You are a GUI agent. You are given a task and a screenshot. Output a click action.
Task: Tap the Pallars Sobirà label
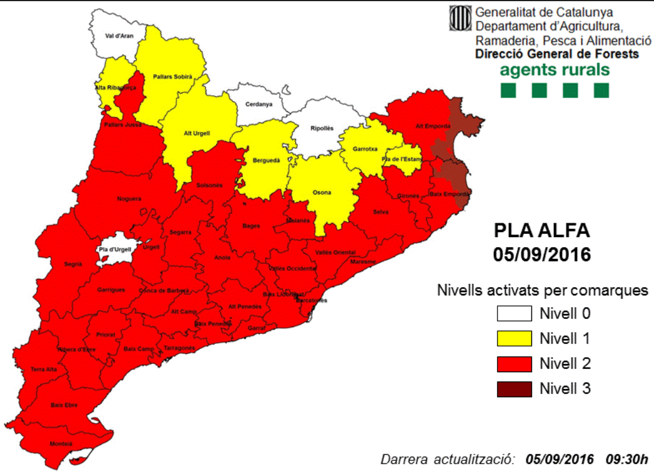pyautogui.click(x=173, y=76)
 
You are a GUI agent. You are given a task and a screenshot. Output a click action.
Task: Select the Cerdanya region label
pyautogui.click(x=258, y=104)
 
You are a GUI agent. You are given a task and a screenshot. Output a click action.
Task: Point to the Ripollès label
pyautogui.click(x=322, y=129)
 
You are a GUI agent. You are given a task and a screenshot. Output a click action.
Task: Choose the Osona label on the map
pyautogui.click(x=322, y=192)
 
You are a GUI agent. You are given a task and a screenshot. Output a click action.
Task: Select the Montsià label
pyautogui.click(x=60, y=444)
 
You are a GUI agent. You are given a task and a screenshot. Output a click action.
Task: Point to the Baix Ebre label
pyautogui.click(x=64, y=405)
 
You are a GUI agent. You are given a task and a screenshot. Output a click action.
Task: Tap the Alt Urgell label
pyautogui.click(x=196, y=133)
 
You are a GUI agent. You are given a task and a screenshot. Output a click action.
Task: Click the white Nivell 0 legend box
pyautogui.click(x=514, y=313)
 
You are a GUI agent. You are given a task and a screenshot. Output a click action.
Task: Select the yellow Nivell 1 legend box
pyautogui.click(x=514, y=338)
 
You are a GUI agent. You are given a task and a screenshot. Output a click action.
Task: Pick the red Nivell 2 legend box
pyautogui.click(x=514, y=363)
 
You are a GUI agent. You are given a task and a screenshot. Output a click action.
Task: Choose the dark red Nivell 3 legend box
pyautogui.click(x=514, y=388)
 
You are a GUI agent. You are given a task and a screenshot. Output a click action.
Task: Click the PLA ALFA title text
pyautogui.click(x=541, y=231)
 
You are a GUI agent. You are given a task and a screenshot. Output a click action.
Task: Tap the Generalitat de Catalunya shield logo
pyautogui.click(x=461, y=19)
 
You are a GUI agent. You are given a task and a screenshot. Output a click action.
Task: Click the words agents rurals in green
pyautogui.click(x=554, y=69)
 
